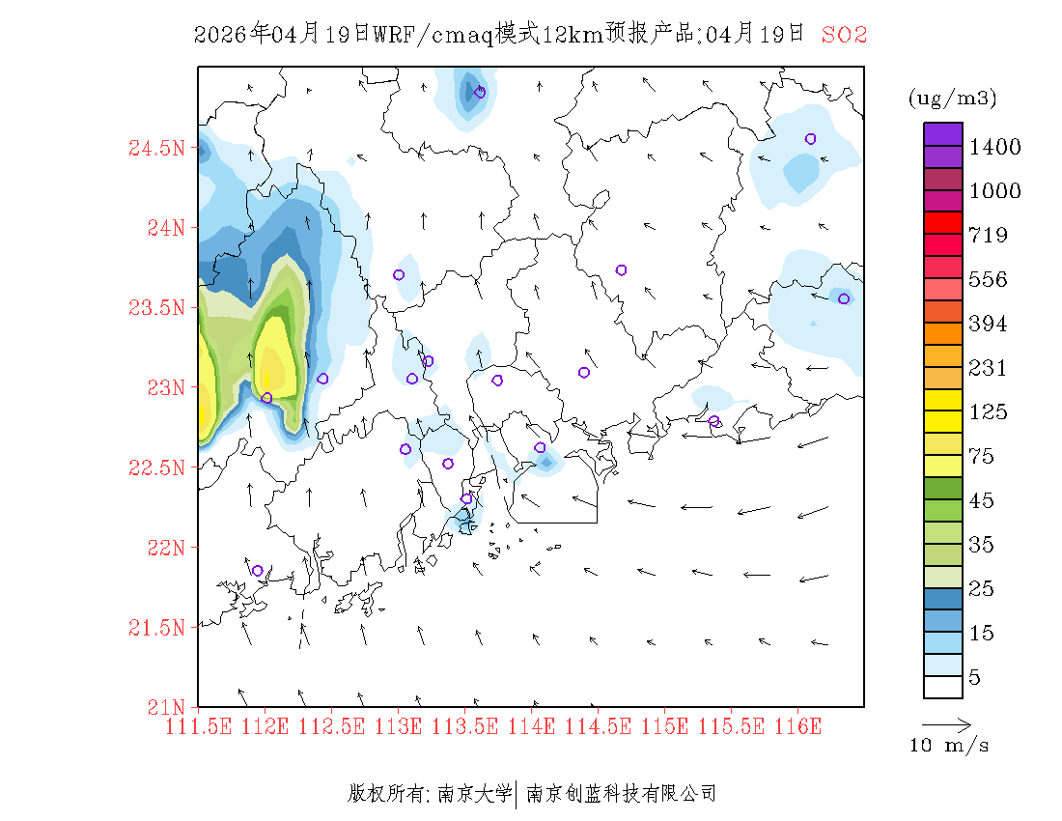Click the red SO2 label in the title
pyautogui.click(x=844, y=35)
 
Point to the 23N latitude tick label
pyautogui.click(x=164, y=387)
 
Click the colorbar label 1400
pyautogui.click(x=995, y=147)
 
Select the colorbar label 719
pyautogui.click(x=989, y=236)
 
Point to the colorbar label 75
pyautogui.click(x=983, y=457)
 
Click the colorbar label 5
pyautogui.click(x=975, y=678)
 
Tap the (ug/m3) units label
pyautogui.click(x=952, y=99)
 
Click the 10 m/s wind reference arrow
pyautogui.click(x=946, y=723)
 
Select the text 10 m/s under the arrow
pyautogui.click(x=950, y=746)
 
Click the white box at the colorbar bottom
pyautogui.click(x=943, y=687)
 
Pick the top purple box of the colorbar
pyautogui.click(x=943, y=133)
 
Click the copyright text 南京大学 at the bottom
pyautogui.click(x=474, y=794)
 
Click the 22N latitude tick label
pyautogui.click(x=164, y=548)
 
